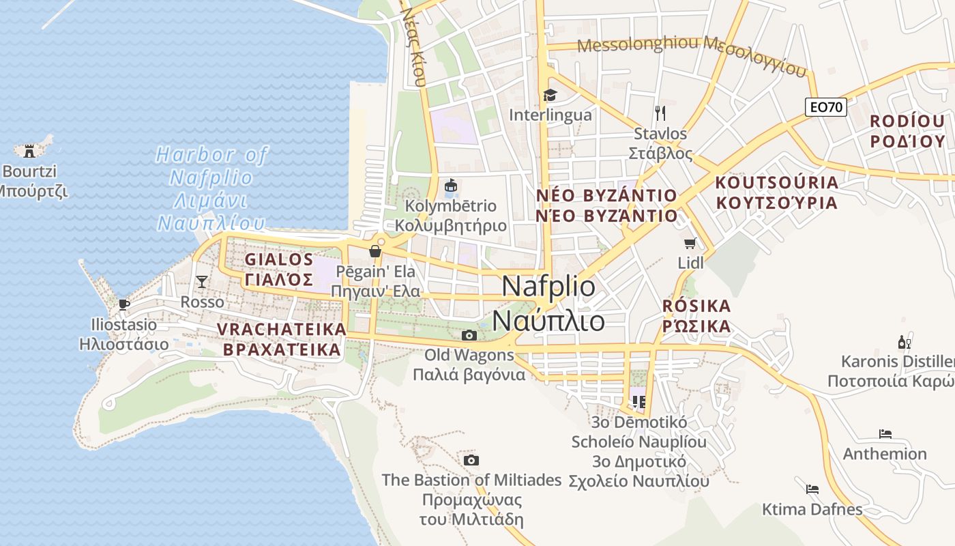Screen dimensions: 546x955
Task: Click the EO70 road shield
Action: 825,107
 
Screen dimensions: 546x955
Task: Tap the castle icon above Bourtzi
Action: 29,150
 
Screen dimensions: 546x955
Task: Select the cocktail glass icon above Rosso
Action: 202,281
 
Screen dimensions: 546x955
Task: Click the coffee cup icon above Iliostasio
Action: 123,304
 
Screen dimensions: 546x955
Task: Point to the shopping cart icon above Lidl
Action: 690,243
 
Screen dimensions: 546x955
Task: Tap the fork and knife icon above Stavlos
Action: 660,113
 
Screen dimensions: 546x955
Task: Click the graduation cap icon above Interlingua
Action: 550,95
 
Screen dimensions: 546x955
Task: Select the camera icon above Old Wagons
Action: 469,335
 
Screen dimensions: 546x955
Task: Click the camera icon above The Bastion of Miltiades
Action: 471,460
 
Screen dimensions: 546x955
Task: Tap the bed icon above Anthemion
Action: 885,433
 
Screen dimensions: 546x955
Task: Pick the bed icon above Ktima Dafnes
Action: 812,489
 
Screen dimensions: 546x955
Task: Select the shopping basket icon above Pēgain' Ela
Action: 374,251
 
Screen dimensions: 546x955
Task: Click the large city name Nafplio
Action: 548,287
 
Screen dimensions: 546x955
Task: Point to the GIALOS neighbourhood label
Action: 279,259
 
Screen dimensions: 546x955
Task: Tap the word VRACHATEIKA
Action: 282,329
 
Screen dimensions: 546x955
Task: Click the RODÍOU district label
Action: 907,121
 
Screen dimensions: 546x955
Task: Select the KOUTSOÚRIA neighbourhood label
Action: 776,183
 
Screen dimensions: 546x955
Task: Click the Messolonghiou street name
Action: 639,45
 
